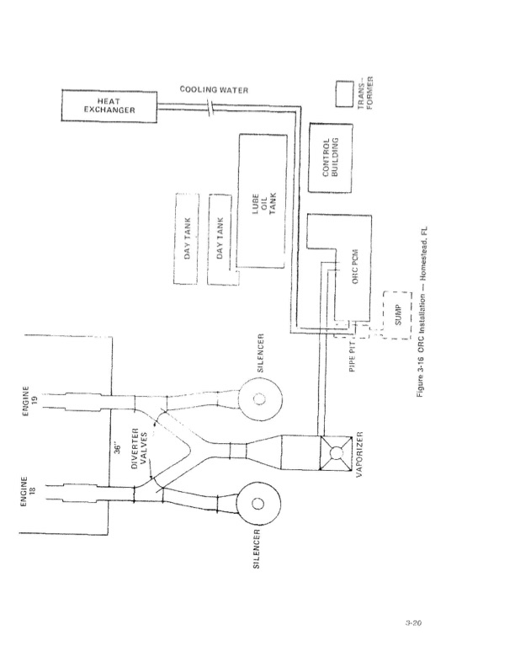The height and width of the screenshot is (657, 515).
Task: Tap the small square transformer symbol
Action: [343, 93]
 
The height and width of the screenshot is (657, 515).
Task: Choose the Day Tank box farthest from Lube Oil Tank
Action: [188, 241]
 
